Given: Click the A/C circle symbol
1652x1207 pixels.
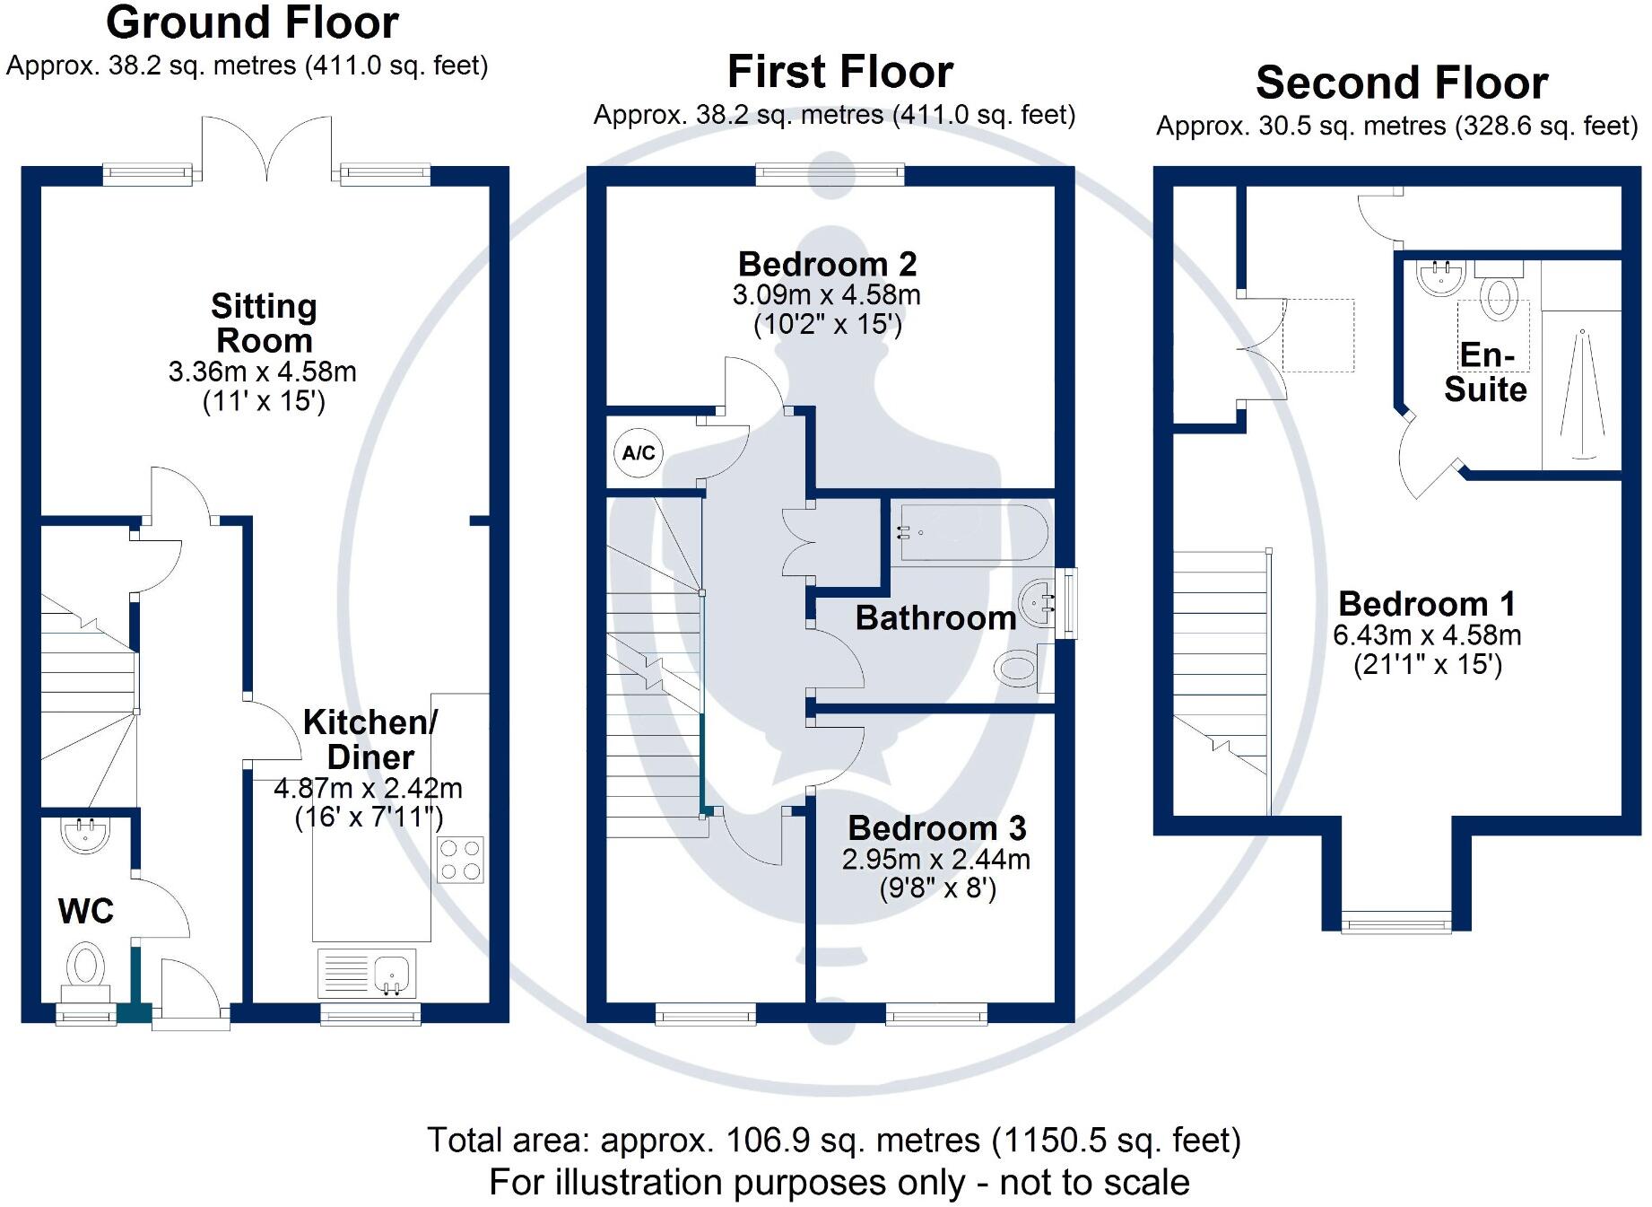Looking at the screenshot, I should coord(639,452).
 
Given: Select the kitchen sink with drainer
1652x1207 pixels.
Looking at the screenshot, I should coord(367,974).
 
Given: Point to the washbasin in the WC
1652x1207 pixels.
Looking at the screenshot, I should coord(85,833).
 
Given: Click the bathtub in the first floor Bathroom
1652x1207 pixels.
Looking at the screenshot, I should coord(969,533).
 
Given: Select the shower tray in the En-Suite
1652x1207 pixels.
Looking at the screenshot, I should coord(1581,391).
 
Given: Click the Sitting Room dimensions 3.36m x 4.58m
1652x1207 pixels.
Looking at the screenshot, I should coord(262,372).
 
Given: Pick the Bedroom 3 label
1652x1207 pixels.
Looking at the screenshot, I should coord(936,827).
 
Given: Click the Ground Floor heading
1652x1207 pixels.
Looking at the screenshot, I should coord(252,23).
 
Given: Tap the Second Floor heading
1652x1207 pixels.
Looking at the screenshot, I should coord(1402,83).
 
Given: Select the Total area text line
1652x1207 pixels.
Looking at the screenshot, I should coord(833,1140).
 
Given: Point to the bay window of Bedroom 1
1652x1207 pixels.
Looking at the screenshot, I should coord(1396,922).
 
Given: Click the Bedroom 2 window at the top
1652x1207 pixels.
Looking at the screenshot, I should coord(830,173).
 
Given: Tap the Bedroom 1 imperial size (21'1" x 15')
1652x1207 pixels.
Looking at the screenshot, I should coord(1427,665).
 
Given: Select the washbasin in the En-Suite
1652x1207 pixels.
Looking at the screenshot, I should coord(1441,277).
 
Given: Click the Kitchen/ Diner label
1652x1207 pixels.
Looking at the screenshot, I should coord(370,739).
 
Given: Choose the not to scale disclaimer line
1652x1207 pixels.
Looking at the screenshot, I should coord(839,1183).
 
